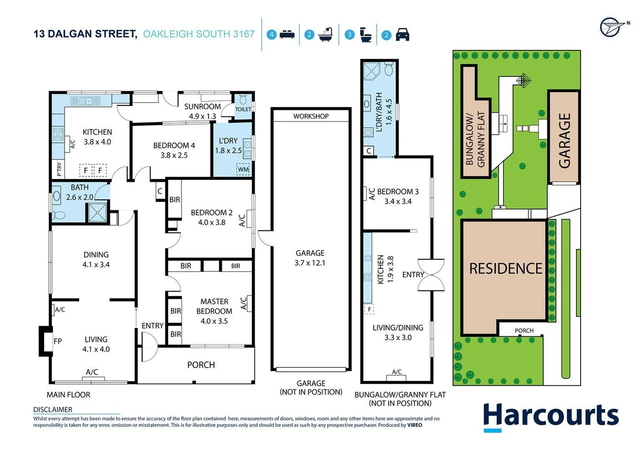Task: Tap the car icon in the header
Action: tap(402, 35)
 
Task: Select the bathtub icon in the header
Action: tap(325, 35)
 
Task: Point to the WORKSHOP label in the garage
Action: tap(311, 116)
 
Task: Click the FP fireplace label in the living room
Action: tap(57, 341)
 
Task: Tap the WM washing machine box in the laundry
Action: tap(243, 169)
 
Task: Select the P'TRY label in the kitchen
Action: tap(59, 169)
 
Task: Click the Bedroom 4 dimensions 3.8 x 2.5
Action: tap(174, 155)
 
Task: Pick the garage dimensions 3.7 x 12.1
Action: tap(310, 263)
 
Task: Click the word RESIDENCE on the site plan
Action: tap(506, 268)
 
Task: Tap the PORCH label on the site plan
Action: tap(524, 330)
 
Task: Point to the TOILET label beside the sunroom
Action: tap(243, 109)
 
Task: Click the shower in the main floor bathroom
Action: tap(97, 212)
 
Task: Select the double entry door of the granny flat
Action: tap(431, 275)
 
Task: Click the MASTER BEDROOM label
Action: tap(214, 306)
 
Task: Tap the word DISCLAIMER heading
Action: tap(53, 410)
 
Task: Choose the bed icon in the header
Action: tap(287, 35)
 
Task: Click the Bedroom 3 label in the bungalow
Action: tap(398, 192)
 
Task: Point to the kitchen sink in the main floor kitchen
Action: tap(85, 101)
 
